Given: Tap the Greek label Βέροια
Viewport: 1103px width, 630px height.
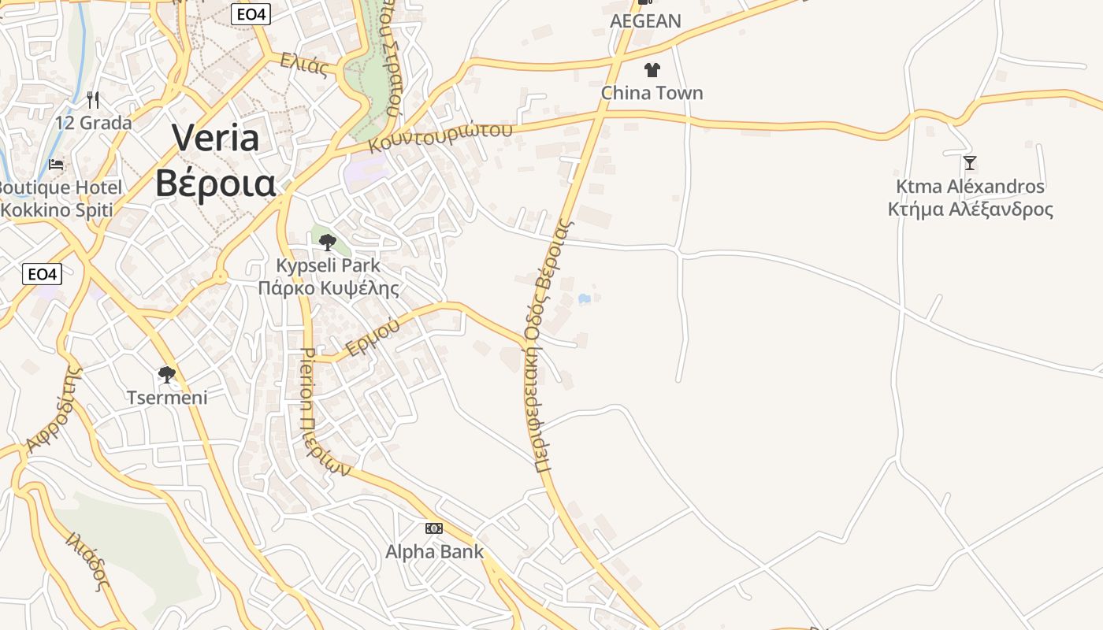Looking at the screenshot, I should (x=215, y=183).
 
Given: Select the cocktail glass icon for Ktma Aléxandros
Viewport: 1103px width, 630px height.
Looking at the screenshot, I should (x=970, y=163).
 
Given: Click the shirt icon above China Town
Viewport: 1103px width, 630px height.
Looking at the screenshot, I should (x=652, y=70).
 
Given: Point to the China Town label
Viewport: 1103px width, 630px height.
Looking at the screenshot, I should (x=652, y=93).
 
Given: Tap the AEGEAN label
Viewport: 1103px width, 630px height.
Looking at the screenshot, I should (x=645, y=21).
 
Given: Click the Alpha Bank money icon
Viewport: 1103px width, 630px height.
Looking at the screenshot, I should (x=434, y=528).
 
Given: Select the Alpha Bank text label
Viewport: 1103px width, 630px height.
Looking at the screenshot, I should (x=434, y=551).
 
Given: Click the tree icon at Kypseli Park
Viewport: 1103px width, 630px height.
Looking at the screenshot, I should (x=328, y=243).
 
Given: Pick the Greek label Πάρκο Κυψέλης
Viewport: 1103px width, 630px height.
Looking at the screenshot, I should (x=329, y=288).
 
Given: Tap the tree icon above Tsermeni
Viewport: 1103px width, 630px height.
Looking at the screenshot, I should (x=166, y=374).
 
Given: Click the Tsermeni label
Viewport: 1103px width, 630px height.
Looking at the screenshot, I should (x=167, y=397).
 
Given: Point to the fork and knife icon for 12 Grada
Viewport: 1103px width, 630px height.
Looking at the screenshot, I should (x=93, y=100).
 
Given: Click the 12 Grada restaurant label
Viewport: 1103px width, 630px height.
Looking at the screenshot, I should (x=93, y=123).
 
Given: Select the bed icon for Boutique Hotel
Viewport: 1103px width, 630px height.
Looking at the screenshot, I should (x=57, y=165).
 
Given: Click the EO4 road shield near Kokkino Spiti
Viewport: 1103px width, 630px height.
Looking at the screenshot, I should (x=42, y=274).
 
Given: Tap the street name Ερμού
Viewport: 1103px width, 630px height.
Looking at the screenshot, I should (x=368, y=339).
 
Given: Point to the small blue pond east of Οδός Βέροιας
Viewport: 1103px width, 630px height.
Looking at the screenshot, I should (x=584, y=299).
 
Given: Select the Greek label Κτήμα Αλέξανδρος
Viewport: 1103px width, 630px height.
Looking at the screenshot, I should (x=970, y=209).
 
